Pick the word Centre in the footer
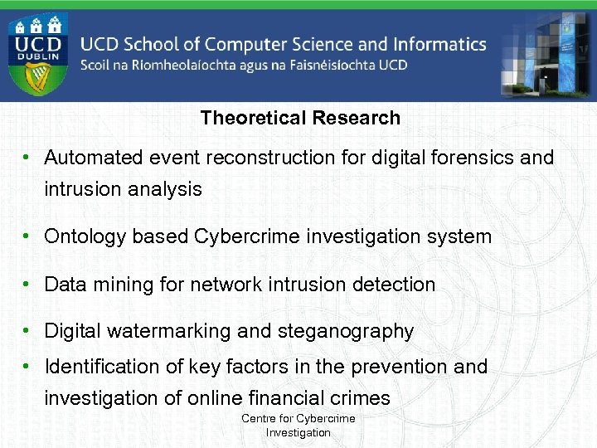[259, 419]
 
